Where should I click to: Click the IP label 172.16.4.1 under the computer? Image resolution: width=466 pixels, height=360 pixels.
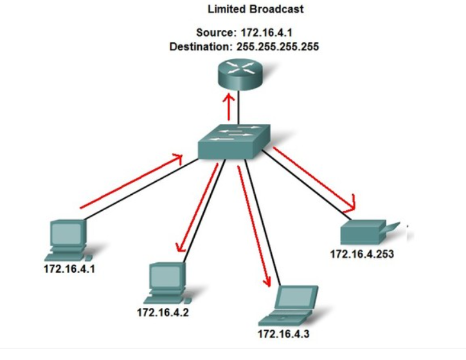click(69, 268)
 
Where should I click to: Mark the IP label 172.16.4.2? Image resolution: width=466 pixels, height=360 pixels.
click(163, 312)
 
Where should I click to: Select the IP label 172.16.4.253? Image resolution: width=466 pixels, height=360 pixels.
click(361, 253)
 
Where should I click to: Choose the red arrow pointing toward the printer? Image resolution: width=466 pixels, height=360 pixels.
click(315, 179)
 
